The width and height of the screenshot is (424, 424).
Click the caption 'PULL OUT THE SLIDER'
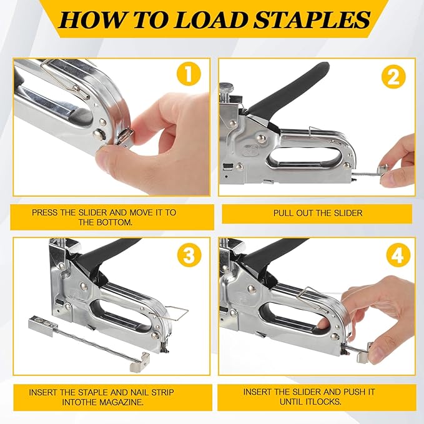pyautogui.click(x=317, y=213)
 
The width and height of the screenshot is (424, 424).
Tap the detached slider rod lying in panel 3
pyautogui.click(x=87, y=343)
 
